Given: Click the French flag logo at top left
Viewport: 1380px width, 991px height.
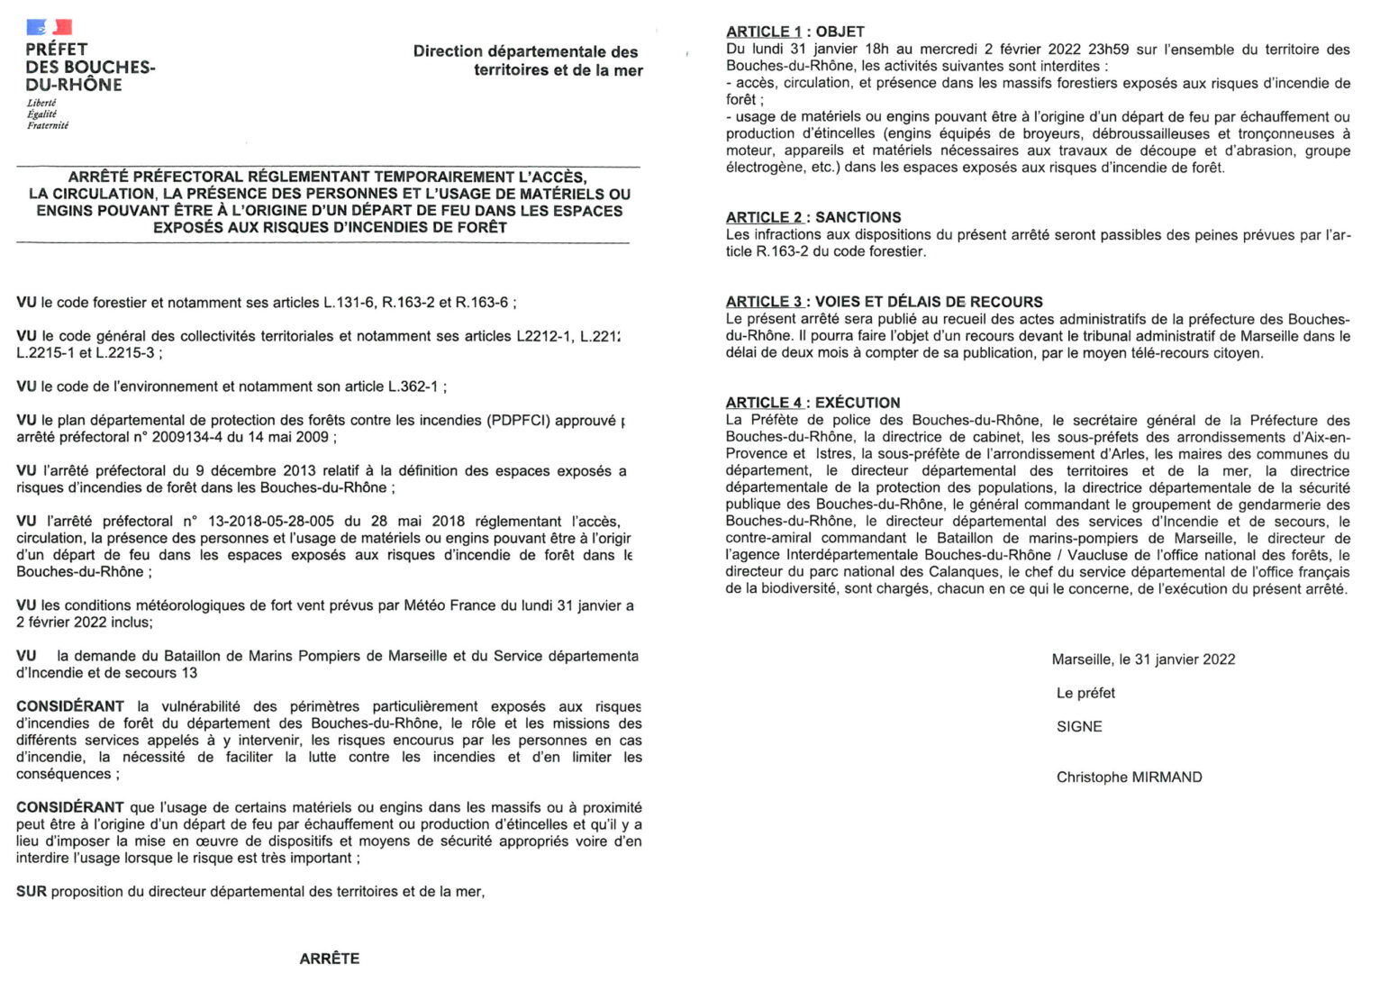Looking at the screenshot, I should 50,27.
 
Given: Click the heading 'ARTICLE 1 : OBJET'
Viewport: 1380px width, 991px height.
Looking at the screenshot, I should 794,32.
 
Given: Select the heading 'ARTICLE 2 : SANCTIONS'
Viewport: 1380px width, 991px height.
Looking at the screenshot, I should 813,217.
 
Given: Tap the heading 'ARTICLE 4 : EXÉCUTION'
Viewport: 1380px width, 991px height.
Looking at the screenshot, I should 813,403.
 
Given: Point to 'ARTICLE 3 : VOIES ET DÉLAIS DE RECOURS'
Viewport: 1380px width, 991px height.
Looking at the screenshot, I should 884,302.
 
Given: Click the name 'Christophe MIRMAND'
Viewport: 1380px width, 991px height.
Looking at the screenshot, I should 1129,777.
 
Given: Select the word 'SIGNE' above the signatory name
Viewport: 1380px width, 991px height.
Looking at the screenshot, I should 1079,726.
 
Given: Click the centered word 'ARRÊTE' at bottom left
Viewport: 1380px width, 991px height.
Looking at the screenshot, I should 329,959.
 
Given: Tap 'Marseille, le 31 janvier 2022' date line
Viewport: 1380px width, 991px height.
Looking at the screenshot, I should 1143,659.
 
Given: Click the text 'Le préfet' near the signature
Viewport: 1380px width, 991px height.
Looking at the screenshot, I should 1085,693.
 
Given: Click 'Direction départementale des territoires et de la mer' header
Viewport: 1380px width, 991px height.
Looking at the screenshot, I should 527,60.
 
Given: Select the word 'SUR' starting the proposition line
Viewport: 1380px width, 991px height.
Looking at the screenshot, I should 32,892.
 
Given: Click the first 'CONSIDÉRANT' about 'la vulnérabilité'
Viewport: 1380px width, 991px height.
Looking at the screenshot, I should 70,706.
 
